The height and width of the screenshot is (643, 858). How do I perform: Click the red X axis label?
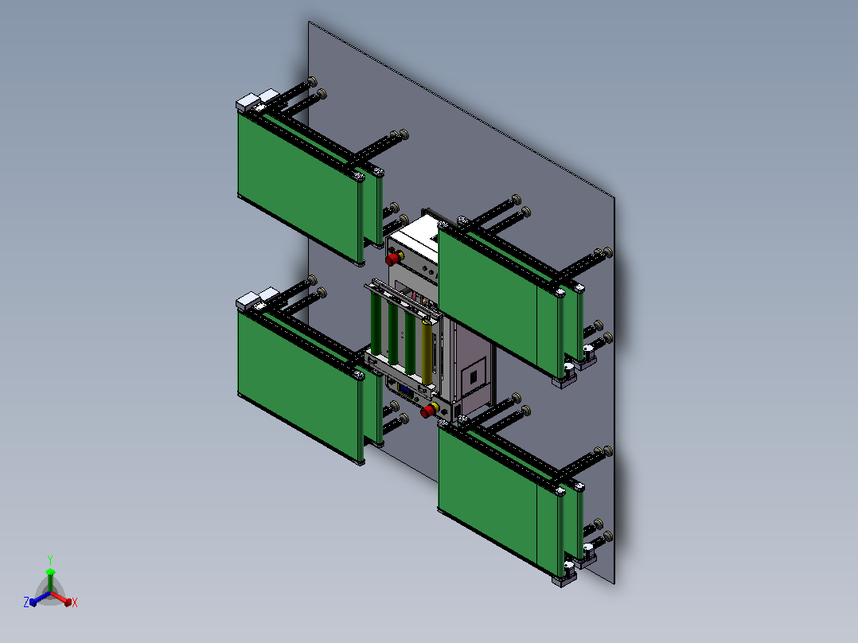(75, 602)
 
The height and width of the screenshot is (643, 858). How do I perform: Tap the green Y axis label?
(50, 559)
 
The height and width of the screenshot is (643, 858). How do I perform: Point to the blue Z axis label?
(26, 602)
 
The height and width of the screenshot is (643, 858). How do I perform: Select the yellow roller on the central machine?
(427, 353)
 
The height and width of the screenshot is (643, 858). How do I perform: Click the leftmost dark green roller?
(376, 323)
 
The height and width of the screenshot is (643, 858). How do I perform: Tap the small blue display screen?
(406, 390)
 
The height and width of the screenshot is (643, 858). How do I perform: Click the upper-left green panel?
(298, 186)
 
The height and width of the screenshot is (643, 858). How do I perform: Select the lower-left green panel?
(298, 386)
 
